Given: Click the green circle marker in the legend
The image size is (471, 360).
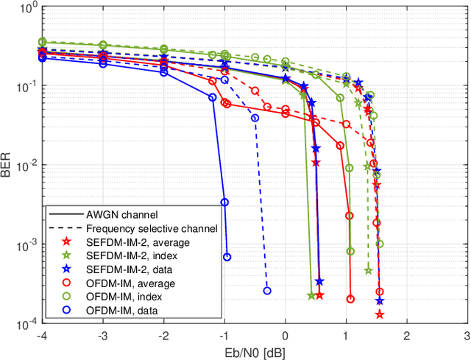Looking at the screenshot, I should tap(66, 297).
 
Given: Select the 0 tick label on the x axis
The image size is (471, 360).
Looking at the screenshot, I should tap(286, 335).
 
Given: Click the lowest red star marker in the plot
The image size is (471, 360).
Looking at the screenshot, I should tap(380, 314).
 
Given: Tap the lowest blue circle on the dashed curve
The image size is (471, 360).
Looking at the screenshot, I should tap(267, 291).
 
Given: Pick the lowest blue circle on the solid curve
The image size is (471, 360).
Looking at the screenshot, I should tap(227, 257).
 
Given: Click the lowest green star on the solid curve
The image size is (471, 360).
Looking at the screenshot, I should tap(311, 295).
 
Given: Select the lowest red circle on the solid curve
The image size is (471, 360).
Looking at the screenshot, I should tap(350, 299).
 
